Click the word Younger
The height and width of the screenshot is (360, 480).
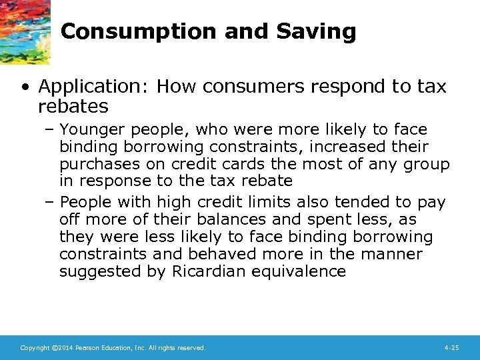(x=91, y=129)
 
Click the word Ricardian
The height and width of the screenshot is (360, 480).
(x=200, y=271)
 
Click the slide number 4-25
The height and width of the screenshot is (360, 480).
(x=451, y=348)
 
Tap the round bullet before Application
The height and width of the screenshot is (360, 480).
(x=25, y=87)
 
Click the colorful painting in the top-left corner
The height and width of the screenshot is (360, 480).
(x=24, y=30)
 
